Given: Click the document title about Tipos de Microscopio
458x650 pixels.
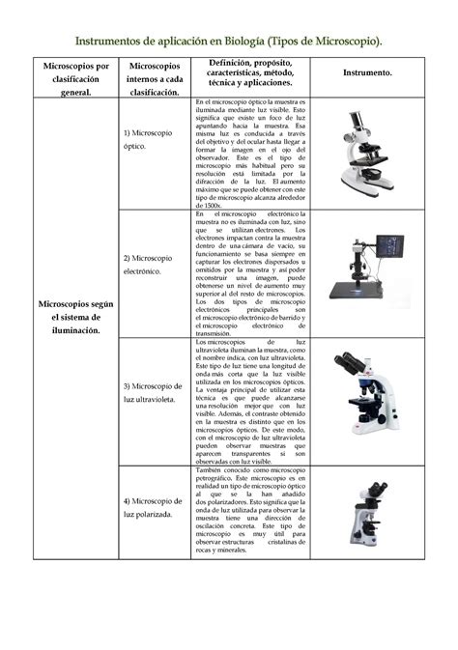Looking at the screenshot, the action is [229, 40].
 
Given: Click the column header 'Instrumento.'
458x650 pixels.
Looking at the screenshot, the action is [367, 73].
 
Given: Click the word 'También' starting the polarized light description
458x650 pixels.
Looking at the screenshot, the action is [212, 468].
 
